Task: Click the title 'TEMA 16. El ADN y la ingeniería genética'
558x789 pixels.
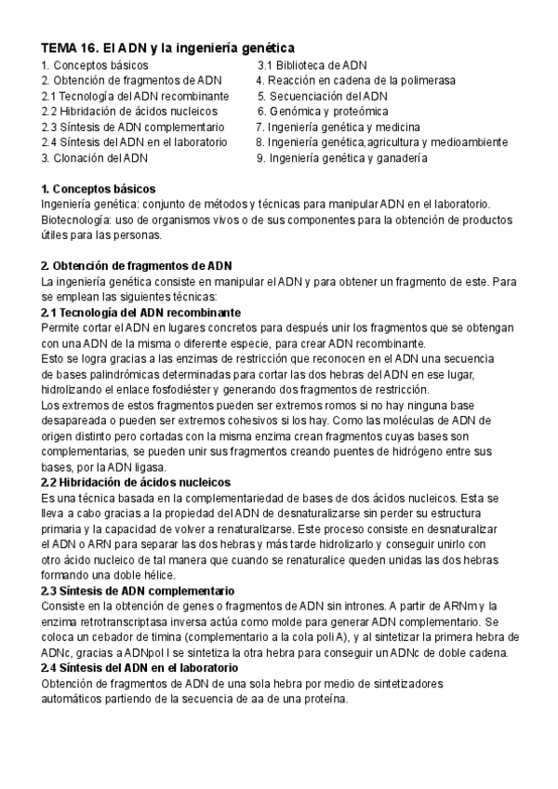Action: click(168, 47)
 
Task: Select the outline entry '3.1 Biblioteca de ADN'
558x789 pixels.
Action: click(312, 65)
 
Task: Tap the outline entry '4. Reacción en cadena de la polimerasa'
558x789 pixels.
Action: click(356, 81)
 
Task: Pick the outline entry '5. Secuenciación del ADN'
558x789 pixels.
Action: click(323, 96)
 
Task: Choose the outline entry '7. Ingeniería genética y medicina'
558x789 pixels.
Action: click(339, 127)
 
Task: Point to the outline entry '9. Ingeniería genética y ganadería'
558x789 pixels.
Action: click(341, 158)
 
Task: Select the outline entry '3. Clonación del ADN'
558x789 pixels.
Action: click(94, 158)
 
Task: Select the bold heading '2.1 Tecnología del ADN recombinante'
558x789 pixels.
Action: click(141, 312)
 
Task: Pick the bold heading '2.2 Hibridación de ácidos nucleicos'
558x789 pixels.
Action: click(137, 482)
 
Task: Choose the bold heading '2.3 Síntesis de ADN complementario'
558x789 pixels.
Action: click(138, 591)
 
